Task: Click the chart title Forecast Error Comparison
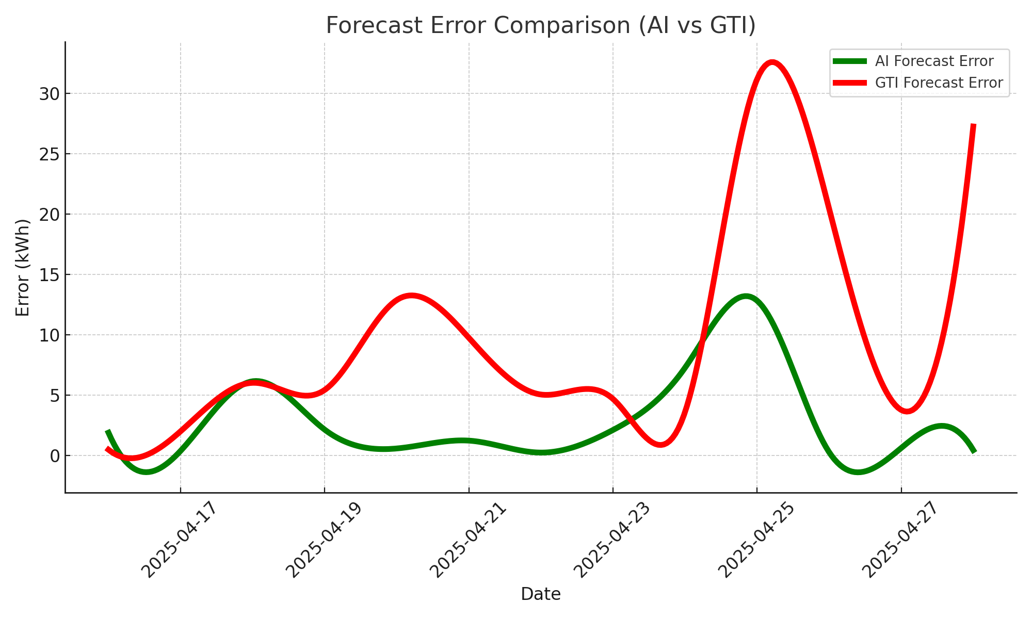coord(541,26)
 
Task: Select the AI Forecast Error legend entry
coord(934,61)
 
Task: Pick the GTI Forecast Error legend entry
coord(939,83)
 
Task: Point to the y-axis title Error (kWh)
coord(23,267)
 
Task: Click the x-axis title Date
coord(541,594)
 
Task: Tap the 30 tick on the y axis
coord(49,94)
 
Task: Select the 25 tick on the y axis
coord(49,154)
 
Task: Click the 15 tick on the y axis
coord(49,275)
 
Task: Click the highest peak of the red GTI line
coord(772,62)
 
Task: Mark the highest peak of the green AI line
coord(745,297)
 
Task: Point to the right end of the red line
coord(973,125)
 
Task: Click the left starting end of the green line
coord(107,431)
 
